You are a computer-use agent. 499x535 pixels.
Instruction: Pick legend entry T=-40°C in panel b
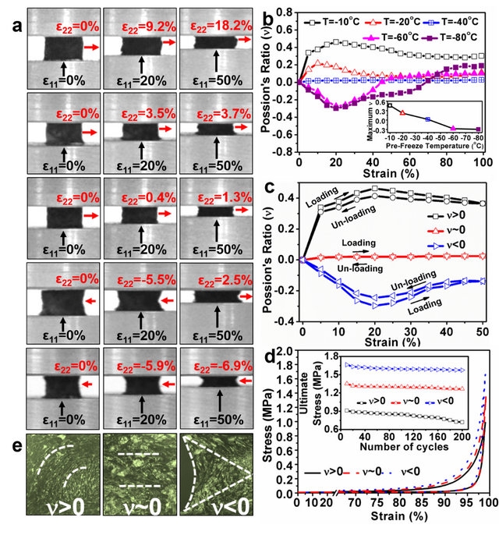457,12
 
